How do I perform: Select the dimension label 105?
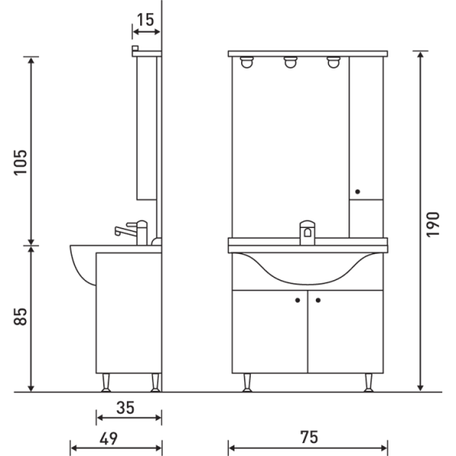pyautogui.click(x=21, y=163)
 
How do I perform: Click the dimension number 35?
pyautogui.click(x=125, y=407)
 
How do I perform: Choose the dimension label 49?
pyautogui.click(x=110, y=437)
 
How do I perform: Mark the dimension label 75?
pyautogui.click(x=307, y=437)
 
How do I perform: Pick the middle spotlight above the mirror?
pyautogui.click(x=289, y=63)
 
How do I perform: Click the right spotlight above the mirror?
pyautogui.click(x=333, y=63)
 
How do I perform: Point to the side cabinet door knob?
pyautogui.click(x=357, y=192)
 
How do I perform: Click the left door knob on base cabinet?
pyautogui.click(x=298, y=300)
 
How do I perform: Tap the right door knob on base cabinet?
pyautogui.click(x=318, y=300)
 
